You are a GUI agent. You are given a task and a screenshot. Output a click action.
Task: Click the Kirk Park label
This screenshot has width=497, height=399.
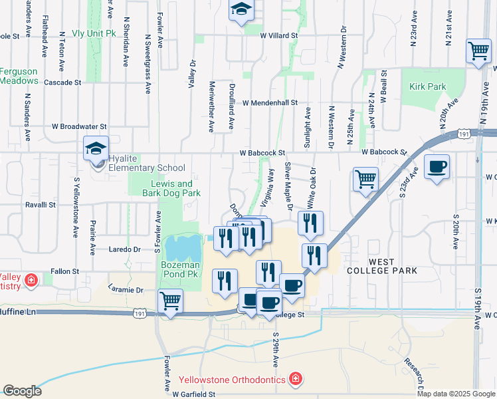point(428,86)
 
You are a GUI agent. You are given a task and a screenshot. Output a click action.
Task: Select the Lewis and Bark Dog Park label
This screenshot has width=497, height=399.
point(171,188)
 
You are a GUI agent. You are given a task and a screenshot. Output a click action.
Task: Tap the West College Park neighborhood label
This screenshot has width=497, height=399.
point(381,265)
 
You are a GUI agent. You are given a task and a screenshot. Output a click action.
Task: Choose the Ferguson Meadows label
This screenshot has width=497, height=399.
point(19,76)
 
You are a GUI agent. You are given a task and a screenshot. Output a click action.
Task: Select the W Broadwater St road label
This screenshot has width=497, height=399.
point(79,126)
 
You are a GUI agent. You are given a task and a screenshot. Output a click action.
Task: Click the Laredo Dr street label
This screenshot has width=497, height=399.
point(125,249)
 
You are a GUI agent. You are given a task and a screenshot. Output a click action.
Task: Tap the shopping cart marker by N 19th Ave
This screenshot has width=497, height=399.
point(478,51)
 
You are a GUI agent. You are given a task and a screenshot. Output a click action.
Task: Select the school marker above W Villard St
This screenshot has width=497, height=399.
point(242,10)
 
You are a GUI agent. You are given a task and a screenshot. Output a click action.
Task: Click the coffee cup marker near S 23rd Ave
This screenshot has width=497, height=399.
point(437,167)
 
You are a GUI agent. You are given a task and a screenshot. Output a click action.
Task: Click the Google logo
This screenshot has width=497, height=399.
point(23,391)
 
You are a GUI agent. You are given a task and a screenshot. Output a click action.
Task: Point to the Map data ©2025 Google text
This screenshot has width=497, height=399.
point(455,394)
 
